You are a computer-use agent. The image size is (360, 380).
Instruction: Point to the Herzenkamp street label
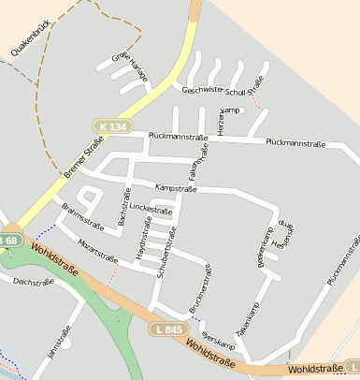(222, 123)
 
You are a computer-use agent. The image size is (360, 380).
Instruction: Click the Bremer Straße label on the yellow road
(85, 157)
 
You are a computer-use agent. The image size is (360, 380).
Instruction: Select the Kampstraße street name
(176, 189)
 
